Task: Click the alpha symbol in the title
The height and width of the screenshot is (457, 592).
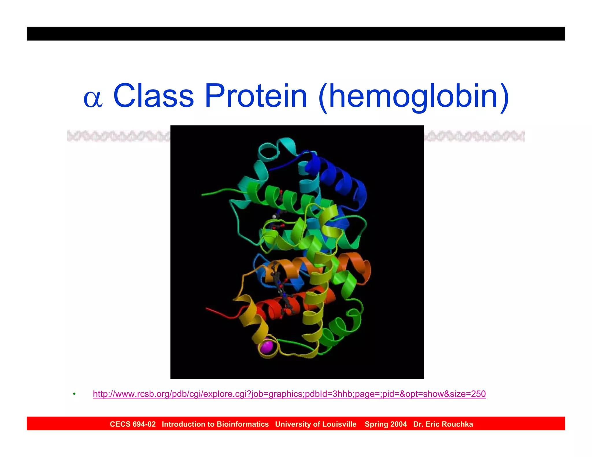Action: (93, 99)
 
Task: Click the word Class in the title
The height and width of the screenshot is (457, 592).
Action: (153, 96)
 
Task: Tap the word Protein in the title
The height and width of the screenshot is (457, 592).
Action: (256, 96)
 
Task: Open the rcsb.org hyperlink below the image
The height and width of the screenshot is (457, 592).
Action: (289, 394)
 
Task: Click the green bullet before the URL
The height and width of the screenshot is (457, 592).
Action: (74, 394)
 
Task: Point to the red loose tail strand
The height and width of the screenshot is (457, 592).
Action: (220, 313)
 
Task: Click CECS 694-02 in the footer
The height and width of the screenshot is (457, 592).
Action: (133, 424)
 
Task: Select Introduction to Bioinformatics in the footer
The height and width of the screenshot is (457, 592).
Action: (215, 424)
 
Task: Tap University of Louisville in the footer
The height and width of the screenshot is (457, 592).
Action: (316, 424)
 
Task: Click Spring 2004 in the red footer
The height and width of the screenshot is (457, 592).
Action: (386, 424)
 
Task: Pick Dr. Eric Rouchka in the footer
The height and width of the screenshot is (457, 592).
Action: (443, 424)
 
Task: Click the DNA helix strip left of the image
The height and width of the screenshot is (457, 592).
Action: (119, 136)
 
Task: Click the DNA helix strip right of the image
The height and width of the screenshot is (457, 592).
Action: (474, 136)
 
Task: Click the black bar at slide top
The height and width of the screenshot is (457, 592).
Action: (296, 34)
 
